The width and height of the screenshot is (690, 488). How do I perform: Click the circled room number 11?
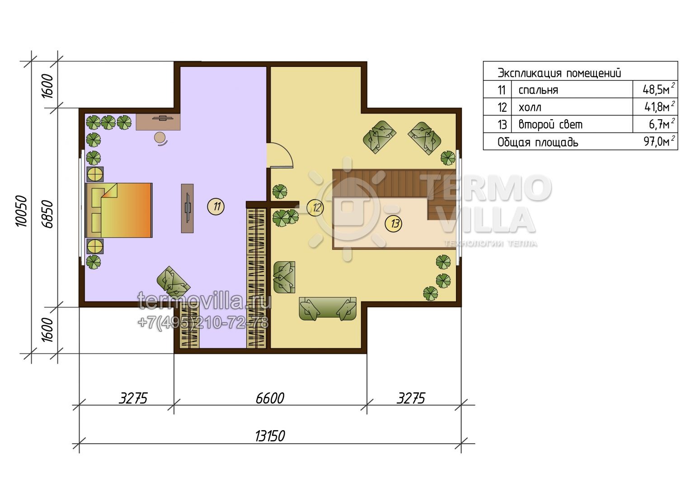pos(216,206)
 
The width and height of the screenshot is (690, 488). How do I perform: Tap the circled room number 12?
pos(315,208)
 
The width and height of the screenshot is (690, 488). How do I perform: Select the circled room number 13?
pos(394,223)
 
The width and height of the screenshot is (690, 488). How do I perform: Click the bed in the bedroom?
pos(118,211)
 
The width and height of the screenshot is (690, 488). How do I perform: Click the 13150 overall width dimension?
pos(270,436)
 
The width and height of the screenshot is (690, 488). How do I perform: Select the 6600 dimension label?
pos(270,398)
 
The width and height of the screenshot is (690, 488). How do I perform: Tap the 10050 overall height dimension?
pos(22,211)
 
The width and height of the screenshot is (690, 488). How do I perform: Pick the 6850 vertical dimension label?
pos(48,214)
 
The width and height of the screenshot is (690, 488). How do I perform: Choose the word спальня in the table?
pos(538,90)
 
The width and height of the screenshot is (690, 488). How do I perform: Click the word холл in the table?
pos(530,107)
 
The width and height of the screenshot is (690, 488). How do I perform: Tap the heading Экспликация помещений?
pos(559,73)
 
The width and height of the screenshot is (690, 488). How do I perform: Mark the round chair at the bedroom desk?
pos(160,138)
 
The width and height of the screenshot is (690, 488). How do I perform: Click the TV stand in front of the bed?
pos(187,208)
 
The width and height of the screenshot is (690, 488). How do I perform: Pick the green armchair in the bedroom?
pos(174,282)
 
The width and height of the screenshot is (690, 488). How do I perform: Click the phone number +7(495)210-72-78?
pos(203,323)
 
